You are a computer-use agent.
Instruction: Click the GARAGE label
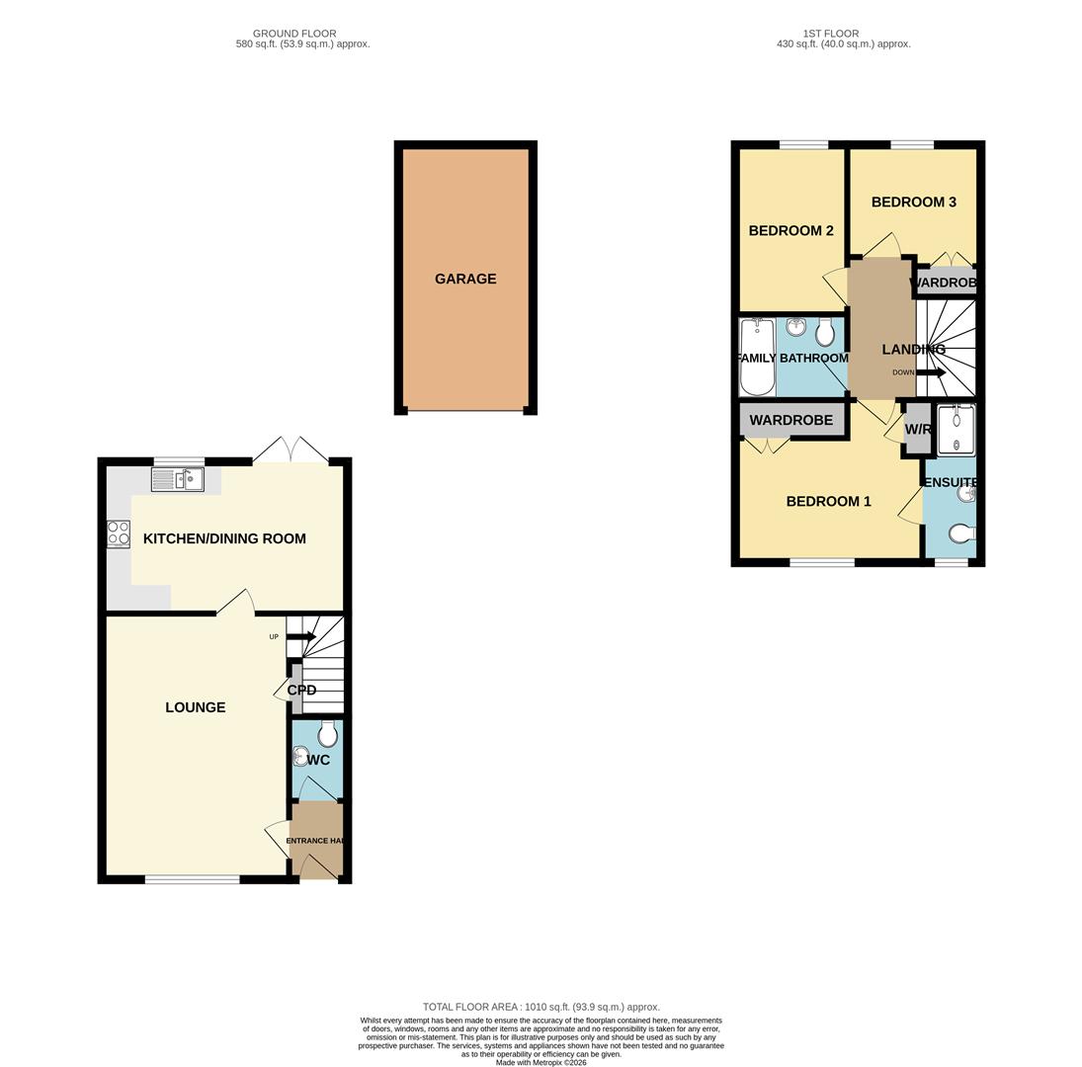(x=465, y=280)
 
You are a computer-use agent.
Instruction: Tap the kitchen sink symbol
(x=178, y=480)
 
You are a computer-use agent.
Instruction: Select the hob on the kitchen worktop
(x=119, y=533)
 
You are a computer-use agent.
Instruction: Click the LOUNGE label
(x=196, y=707)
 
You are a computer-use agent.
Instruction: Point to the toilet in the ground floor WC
(x=328, y=734)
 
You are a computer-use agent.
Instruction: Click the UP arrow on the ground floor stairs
(x=301, y=637)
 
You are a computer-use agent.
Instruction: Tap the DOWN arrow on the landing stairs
(x=930, y=372)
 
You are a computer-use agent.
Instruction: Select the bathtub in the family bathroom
(x=757, y=357)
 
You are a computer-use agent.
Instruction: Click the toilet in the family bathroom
(x=825, y=332)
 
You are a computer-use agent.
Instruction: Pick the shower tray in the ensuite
(x=956, y=430)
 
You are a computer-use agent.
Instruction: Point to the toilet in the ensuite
(x=960, y=534)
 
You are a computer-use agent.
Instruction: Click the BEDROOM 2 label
(x=791, y=231)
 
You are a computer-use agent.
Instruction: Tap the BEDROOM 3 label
(x=913, y=203)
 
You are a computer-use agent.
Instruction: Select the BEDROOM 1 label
(x=828, y=502)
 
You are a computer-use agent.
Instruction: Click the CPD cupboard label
(x=301, y=691)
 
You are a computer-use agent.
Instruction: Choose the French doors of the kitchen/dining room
(x=291, y=452)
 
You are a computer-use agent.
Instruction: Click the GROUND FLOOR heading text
(x=294, y=34)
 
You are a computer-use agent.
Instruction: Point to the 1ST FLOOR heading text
(x=831, y=34)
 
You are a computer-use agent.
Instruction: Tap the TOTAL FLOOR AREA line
(x=541, y=1007)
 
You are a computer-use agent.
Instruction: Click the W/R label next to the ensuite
(x=918, y=430)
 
